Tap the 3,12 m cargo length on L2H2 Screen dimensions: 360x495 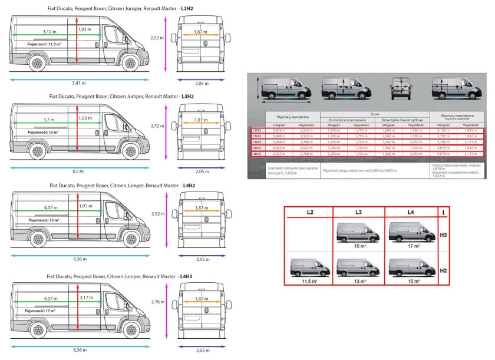pos(49,31)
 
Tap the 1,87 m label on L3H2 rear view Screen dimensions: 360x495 pos(202,120)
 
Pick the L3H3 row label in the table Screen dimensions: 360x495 pos(256,141)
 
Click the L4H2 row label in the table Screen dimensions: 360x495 pos(256,148)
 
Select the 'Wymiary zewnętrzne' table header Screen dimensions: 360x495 pos(293,117)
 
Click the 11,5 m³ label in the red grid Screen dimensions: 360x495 pos(309,282)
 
